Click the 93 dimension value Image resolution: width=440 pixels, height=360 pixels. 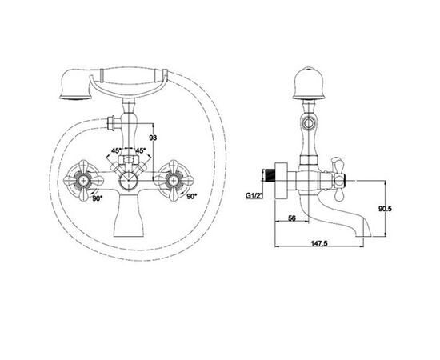[153, 138]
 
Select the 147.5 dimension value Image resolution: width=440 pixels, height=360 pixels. [319, 243]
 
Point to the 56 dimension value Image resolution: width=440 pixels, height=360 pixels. [292, 218]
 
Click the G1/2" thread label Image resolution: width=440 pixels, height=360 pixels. [254, 195]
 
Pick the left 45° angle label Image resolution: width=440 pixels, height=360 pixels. [117, 150]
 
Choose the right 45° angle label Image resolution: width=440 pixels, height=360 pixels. [141, 150]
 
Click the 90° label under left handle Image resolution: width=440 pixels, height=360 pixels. [98, 198]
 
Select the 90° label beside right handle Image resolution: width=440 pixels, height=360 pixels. [192, 197]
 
